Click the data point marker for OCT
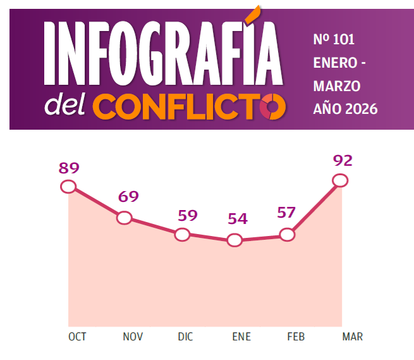[x=68, y=186]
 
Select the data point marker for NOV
[x=125, y=218]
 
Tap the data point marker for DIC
[x=182, y=235]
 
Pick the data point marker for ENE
[x=234, y=240]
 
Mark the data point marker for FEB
[x=287, y=235]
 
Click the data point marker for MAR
[x=340, y=180]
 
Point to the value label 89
[x=69, y=168]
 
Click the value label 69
[x=128, y=197]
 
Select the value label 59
[x=188, y=215]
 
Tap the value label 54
[x=238, y=219]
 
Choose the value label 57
[x=286, y=213]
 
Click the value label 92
[x=342, y=160]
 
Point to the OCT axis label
[x=77, y=337]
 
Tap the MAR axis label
[x=352, y=337]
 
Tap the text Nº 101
[x=334, y=40]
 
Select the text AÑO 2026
[x=345, y=109]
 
